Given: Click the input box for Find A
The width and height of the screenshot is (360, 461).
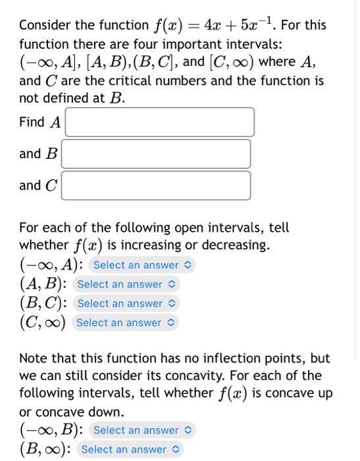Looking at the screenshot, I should [x=159, y=122].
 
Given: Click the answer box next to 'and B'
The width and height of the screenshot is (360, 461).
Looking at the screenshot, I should [x=156, y=153].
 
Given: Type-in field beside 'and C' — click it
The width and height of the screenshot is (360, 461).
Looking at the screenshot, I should [x=156, y=185].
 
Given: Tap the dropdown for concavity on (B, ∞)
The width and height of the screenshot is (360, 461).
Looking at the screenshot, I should [x=130, y=449].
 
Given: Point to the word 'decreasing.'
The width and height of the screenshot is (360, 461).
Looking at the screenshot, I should [x=230, y=246].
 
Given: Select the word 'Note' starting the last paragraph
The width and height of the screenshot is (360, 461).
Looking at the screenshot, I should [x=33, y=359].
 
